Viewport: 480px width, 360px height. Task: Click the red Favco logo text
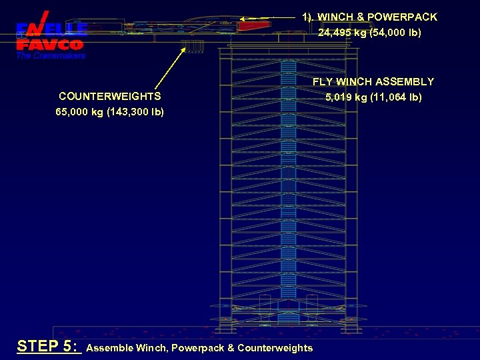pos(50,45)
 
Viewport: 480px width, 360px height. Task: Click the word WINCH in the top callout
pos(335,17)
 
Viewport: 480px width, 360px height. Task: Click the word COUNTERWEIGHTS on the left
pos(109,97)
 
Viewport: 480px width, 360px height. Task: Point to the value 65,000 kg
pos(79,112)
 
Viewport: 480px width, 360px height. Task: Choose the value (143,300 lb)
pos(135,112)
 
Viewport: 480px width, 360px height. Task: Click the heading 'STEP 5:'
pos(48,346)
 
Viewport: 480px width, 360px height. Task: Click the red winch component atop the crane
pos(254,26)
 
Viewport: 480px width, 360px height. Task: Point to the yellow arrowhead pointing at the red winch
pos(244,19)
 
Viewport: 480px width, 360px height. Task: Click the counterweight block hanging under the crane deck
pos(192,47)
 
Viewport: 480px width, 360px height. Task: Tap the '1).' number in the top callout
pos(307,17)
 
